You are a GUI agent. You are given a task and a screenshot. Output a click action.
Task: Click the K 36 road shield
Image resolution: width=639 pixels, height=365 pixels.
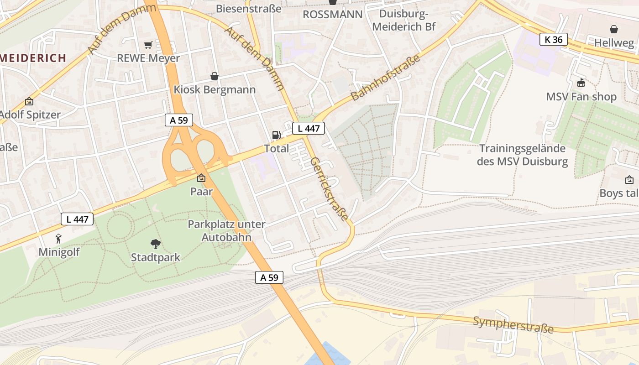553,40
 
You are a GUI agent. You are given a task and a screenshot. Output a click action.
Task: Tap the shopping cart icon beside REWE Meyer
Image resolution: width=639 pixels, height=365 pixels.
148,45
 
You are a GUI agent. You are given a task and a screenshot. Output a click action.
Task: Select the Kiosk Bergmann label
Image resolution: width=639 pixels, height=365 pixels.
215,89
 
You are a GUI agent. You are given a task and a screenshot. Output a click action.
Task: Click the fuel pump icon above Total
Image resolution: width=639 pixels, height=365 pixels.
276,135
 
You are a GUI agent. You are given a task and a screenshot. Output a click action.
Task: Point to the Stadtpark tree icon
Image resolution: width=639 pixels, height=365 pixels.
156,244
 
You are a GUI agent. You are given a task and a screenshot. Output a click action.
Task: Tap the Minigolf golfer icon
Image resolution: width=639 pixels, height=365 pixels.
58,238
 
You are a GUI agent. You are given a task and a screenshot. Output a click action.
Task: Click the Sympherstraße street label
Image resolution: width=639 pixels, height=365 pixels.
513,324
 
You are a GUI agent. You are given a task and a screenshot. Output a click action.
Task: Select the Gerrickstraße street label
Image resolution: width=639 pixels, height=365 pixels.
329,189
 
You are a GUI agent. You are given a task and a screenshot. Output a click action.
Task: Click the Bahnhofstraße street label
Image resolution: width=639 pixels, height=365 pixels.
385,78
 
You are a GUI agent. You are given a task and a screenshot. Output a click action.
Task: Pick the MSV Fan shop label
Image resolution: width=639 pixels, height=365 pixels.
581,97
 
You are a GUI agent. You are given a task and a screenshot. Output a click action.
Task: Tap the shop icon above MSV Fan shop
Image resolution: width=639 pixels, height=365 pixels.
581,83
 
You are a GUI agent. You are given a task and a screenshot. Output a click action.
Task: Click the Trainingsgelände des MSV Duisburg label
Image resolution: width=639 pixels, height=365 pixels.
522,155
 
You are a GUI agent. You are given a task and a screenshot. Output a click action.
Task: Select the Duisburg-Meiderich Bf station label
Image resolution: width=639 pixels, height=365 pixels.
403,20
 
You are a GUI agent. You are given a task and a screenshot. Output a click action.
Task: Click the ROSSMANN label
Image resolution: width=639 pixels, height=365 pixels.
333,14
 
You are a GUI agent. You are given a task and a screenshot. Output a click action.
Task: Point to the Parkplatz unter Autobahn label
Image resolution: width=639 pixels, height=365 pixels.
226,230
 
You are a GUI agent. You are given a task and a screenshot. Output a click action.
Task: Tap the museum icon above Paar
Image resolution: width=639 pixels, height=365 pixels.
201,178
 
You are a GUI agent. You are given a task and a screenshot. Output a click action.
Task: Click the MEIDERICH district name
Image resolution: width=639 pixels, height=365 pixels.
33,58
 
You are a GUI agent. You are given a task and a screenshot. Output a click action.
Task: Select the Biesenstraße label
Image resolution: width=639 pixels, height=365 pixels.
248,8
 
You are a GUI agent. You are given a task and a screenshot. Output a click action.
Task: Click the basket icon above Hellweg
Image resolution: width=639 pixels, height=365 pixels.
614,30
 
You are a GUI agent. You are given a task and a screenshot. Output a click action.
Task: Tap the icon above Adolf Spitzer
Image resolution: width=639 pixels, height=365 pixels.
29,101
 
